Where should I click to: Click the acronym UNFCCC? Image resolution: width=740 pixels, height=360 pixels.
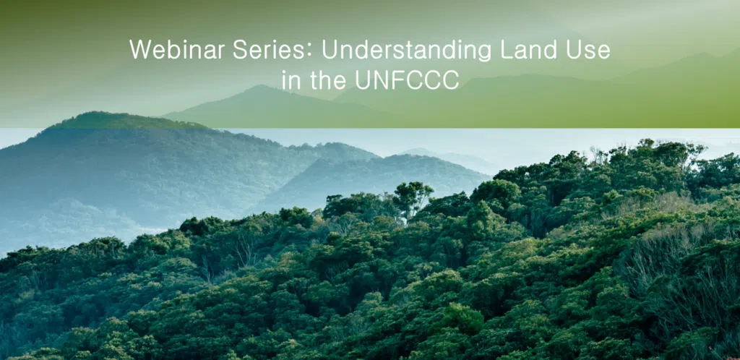[x=407, y=80]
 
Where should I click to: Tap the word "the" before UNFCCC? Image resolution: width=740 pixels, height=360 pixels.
[x=328, y=80]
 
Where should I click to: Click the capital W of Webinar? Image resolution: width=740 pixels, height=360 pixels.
[x=141, y=50]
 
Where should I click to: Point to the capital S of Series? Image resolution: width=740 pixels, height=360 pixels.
[x=240, y=50]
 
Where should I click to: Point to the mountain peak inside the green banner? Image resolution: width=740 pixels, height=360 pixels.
[x=261, y=87]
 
